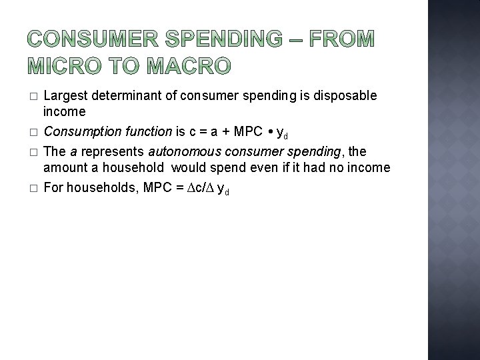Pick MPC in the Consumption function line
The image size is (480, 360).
click(x=249, y=133)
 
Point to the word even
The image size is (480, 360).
click(x=263, y=167)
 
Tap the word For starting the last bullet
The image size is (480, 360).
click(x=53, y=189)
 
